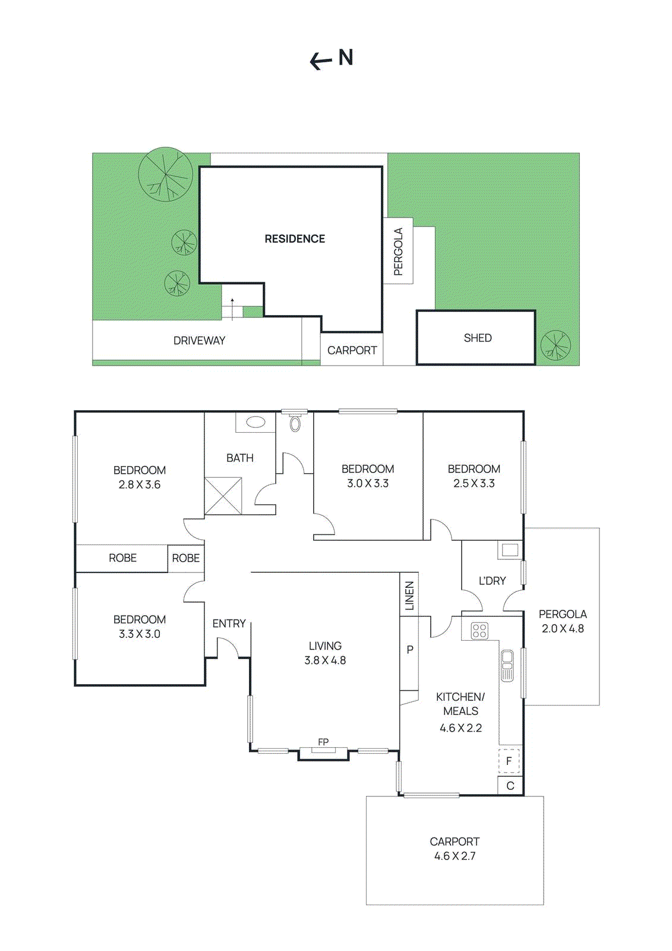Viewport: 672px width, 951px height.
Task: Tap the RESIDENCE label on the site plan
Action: point(295,239)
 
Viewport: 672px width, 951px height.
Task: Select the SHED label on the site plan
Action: point(478,338)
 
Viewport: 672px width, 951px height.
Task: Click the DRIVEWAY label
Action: point(199,341)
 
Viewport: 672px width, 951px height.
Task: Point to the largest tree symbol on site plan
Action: point(165,174)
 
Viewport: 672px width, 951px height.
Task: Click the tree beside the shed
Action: point(556,345)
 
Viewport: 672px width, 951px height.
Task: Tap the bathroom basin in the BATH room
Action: point(255,423)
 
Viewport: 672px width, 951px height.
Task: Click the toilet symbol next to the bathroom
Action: point(295,424)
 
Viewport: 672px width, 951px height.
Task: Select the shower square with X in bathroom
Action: point(223,496)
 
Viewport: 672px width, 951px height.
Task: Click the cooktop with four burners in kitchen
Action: point(479,631)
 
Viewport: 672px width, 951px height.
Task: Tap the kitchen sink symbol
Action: point(507,665)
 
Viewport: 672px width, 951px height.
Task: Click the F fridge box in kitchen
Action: point(509,761)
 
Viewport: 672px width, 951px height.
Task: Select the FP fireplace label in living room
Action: point(323,742)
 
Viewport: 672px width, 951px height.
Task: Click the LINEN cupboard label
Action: point(409,596)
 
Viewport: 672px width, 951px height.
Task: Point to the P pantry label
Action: point(410,650)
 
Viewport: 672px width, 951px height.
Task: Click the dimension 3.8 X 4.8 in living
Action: point(325,660)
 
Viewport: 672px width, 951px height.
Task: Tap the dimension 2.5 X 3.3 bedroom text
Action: point(474,484)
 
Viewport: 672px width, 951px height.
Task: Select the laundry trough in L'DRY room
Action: point(509,550)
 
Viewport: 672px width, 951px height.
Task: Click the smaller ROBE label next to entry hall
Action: point(186,558)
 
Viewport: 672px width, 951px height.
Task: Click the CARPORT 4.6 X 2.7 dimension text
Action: point(455,856)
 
